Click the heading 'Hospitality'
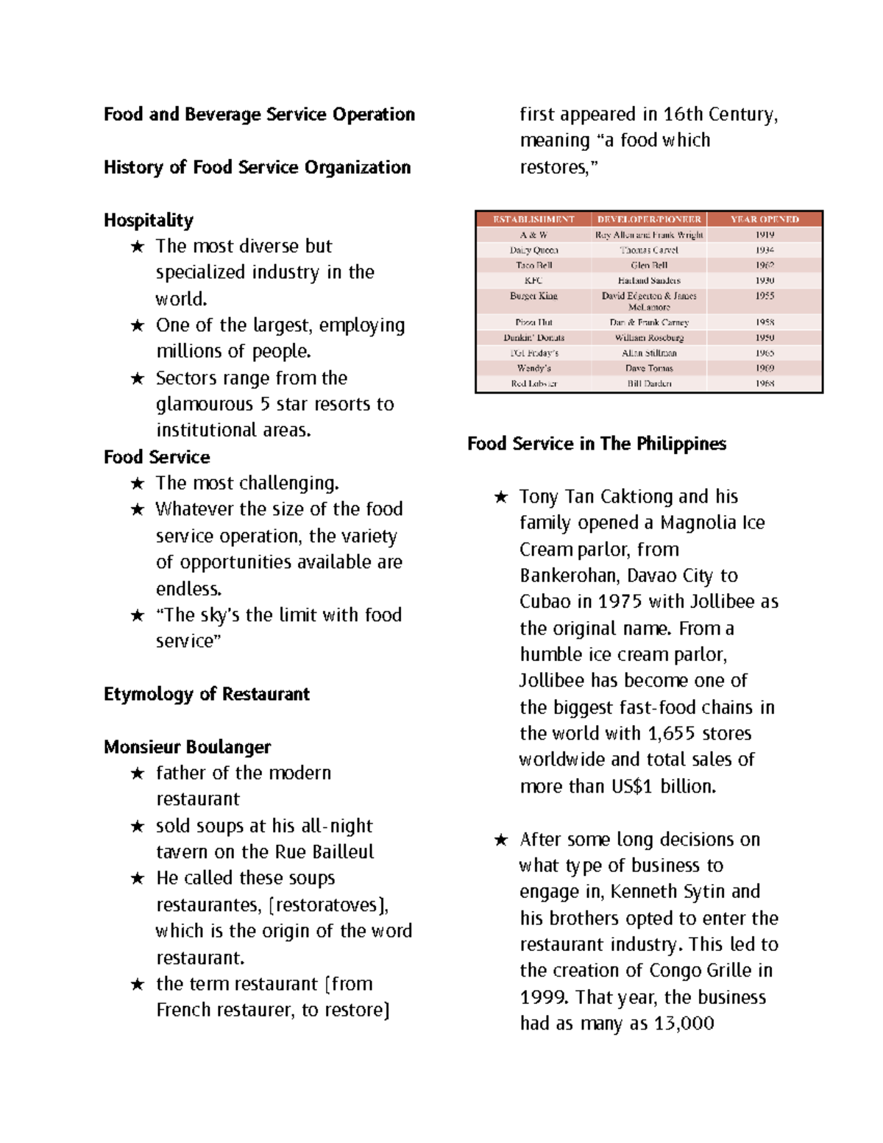tap(148, 220)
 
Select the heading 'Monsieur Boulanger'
tap(187, 747)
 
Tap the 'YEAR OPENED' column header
tap(764, 219)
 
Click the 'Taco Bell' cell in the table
tap(533, 265)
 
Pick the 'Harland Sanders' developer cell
tap(649, 280)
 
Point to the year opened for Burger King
tap(764, 296)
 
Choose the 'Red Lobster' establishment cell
tap(533, 383)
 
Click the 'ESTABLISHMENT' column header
tap(533, 219)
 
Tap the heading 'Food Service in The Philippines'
tap(596, 444)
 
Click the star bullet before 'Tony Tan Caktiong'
tap(501, 498)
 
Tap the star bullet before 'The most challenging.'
tap(138, 484)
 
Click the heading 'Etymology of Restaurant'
tap(206, 694)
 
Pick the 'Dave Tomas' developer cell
tap(649, 368)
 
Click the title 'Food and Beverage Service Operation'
tap(259, 114)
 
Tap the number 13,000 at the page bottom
tap(683, 1024)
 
